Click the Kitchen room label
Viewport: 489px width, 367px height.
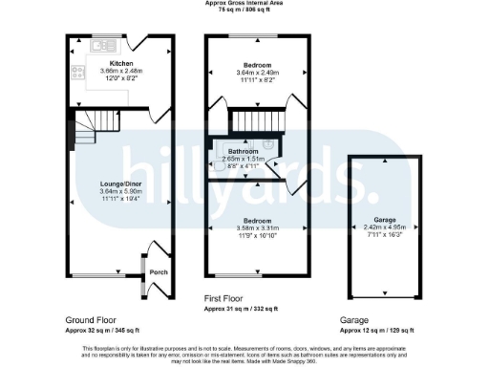click(x=120, y=63)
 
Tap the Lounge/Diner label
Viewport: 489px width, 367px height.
click(x=120, y=183)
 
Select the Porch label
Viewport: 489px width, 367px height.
click(x=158, y=271)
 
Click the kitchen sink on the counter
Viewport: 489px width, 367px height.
click(x=99, y=46)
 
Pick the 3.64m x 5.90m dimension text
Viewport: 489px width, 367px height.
click(x=120, y=190)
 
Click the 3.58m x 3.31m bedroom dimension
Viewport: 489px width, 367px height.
click(x=255, y=228)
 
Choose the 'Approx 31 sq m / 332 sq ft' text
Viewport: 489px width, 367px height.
click(x=241, y=309)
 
